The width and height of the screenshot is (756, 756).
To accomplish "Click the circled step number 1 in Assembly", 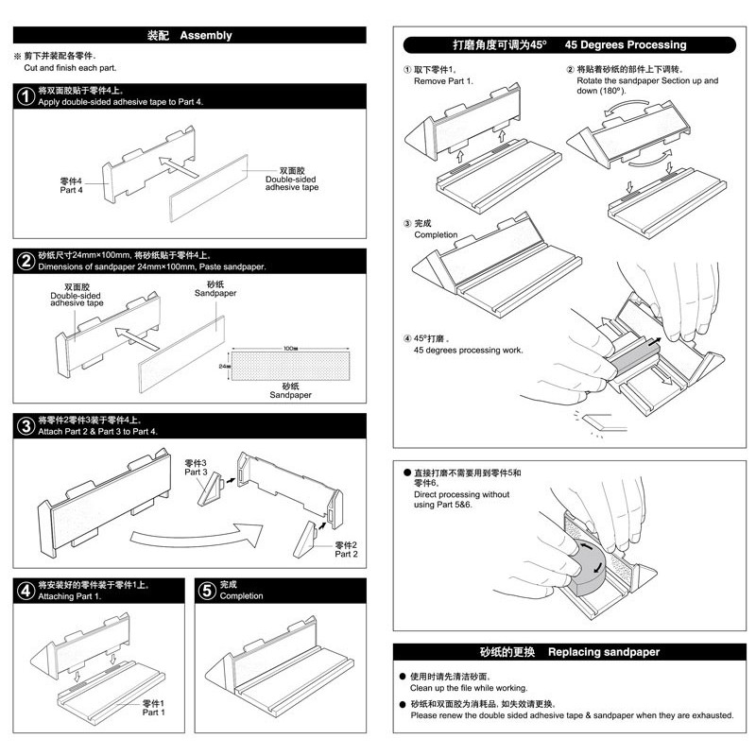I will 26,95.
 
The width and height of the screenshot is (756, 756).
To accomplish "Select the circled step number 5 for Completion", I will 206,591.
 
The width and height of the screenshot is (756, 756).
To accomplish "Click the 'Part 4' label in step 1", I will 72,185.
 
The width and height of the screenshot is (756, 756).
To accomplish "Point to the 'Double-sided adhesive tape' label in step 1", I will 291,180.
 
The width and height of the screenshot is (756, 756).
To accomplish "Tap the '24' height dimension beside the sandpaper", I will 224,365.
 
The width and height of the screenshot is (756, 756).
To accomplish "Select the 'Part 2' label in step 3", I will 346,550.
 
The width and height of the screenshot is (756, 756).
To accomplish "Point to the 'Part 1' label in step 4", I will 153,708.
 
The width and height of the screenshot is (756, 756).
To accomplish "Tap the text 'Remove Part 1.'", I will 442,81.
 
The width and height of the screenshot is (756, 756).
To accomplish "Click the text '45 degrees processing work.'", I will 468,350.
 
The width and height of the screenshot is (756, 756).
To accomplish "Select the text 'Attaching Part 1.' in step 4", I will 69,596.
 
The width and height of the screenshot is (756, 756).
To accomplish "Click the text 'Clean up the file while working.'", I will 469,688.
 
